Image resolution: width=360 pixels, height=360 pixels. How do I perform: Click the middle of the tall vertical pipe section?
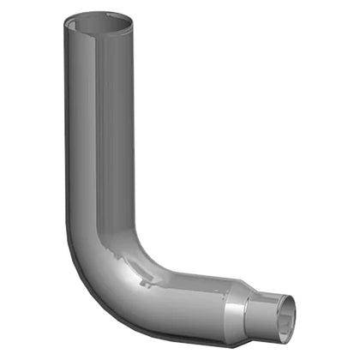click(103, 137)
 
